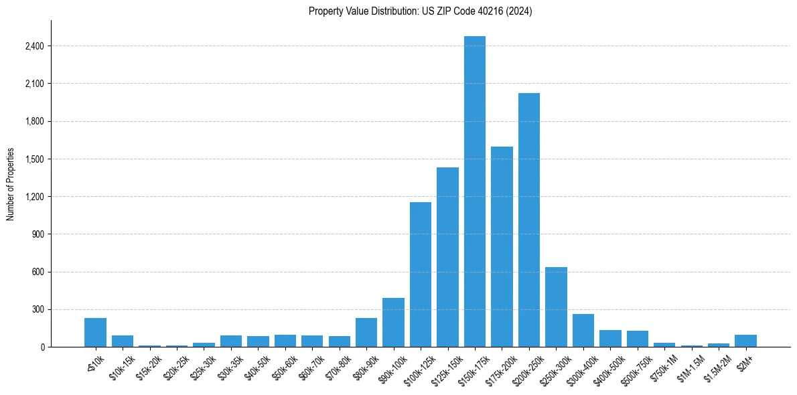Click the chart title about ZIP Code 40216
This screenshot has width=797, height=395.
pyautogui.click(x=420, y=11)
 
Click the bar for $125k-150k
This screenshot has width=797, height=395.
pyautogui.click(x=447, y=257)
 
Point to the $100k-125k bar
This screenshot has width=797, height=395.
pyautogui.click(x=421, y=274)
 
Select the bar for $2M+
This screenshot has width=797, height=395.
pyautogui.click(x=745, y=341)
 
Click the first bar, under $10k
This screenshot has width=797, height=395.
pyautogui.click(x=95, y=332)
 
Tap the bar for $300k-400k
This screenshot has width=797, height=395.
pyautogui.click(x=583, y=330)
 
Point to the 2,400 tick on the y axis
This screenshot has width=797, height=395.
pyautogui.click(x=34, y=46)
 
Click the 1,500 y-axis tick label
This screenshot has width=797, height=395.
pyautogui.click(x=34, y=159)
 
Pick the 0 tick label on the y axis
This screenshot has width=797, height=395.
pyautogui.click(x=42, y=347)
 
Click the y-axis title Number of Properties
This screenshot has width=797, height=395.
pyautogui.click(x=11, y=183)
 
